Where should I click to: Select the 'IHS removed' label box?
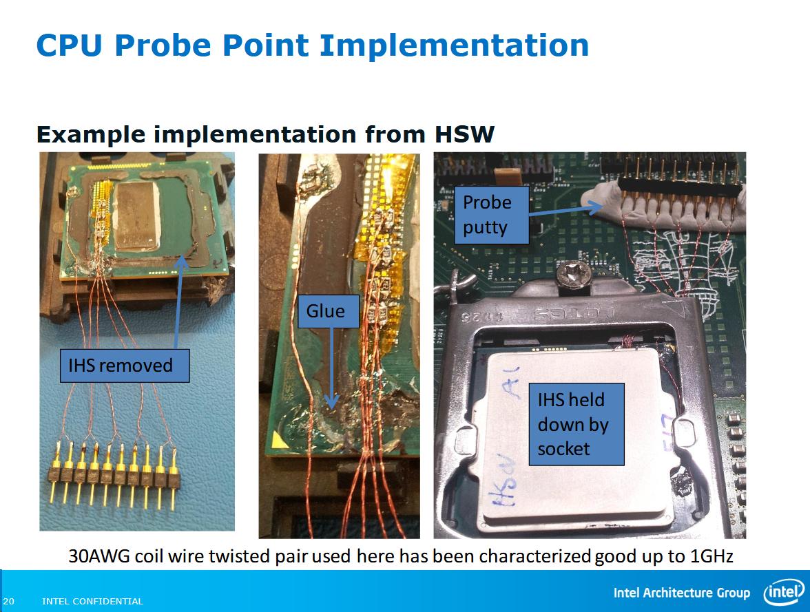pyautogui.click(x=120, y=365)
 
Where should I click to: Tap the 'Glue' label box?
pyautogui.click(x=325, y=311)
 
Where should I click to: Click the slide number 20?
pyautogui.click(x=8, y=601)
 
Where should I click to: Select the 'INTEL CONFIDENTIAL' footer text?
pyautogui.click(x=92, y=601)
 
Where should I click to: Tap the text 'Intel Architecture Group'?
pyautogui.click(x=681, y=593)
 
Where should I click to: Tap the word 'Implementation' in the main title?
pyautogui.click(x=455, y=45)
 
